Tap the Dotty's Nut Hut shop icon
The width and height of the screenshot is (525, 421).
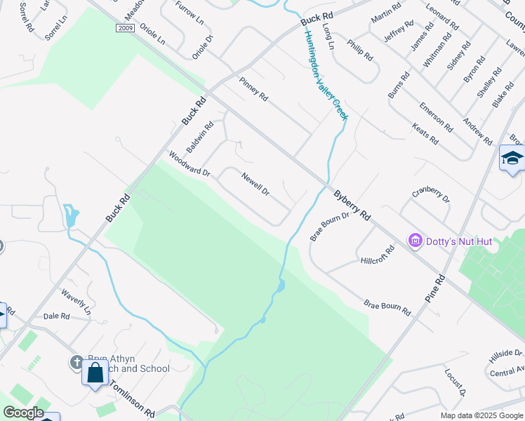click(415, 241)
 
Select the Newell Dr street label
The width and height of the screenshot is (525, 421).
click(256, 184)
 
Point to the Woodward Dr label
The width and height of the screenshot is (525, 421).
click(189, 163)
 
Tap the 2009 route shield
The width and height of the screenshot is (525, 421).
click(126, 29)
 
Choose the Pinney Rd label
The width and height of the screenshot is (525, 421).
click(253, 88)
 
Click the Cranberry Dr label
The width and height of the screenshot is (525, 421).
click(430, 195)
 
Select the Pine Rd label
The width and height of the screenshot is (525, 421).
click(435, 288)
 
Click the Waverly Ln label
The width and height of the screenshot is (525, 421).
click(77, 301)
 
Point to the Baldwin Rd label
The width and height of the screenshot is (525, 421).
click(200, 138)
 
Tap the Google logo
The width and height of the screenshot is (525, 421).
click(23, 413)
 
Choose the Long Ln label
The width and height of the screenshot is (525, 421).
click(328, 35)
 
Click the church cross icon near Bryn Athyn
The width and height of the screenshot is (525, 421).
click(77, 363)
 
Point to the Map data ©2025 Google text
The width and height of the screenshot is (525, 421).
click(481, 415)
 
